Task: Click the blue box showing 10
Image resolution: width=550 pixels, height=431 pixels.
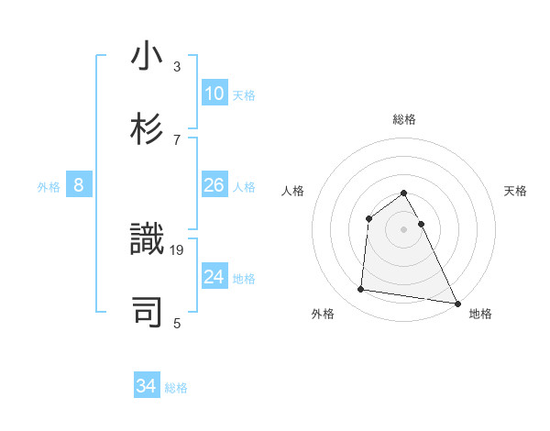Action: pyautogui.click(x=214, y=94)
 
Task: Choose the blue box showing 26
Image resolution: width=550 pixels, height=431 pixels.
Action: pyautogui.click(x=214, y=185)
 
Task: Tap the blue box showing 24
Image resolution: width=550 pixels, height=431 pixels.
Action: pyautogui.click(x=214, y=277)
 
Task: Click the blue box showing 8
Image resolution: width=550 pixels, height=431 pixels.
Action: pyautogui.click(x=79, y=185)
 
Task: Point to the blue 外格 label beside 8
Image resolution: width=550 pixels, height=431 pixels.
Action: pyautogui.click(x=49, y=186)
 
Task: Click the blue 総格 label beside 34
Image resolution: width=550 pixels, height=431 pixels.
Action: pyautogui.click(x=176, y=388)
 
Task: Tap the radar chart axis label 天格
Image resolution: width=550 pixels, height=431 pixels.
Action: pyautogui.click(x=516, y=191)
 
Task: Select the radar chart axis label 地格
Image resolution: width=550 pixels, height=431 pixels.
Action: pyautogui.click(x=480, y=314)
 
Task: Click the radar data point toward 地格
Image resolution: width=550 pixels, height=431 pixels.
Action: pyautogui.click(x=457, y=303)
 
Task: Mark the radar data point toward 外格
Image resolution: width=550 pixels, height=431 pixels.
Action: pyautogui.click(x=361, y=290)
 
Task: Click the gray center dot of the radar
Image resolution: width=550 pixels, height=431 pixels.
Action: pyautogui.click(x=403, y=229)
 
